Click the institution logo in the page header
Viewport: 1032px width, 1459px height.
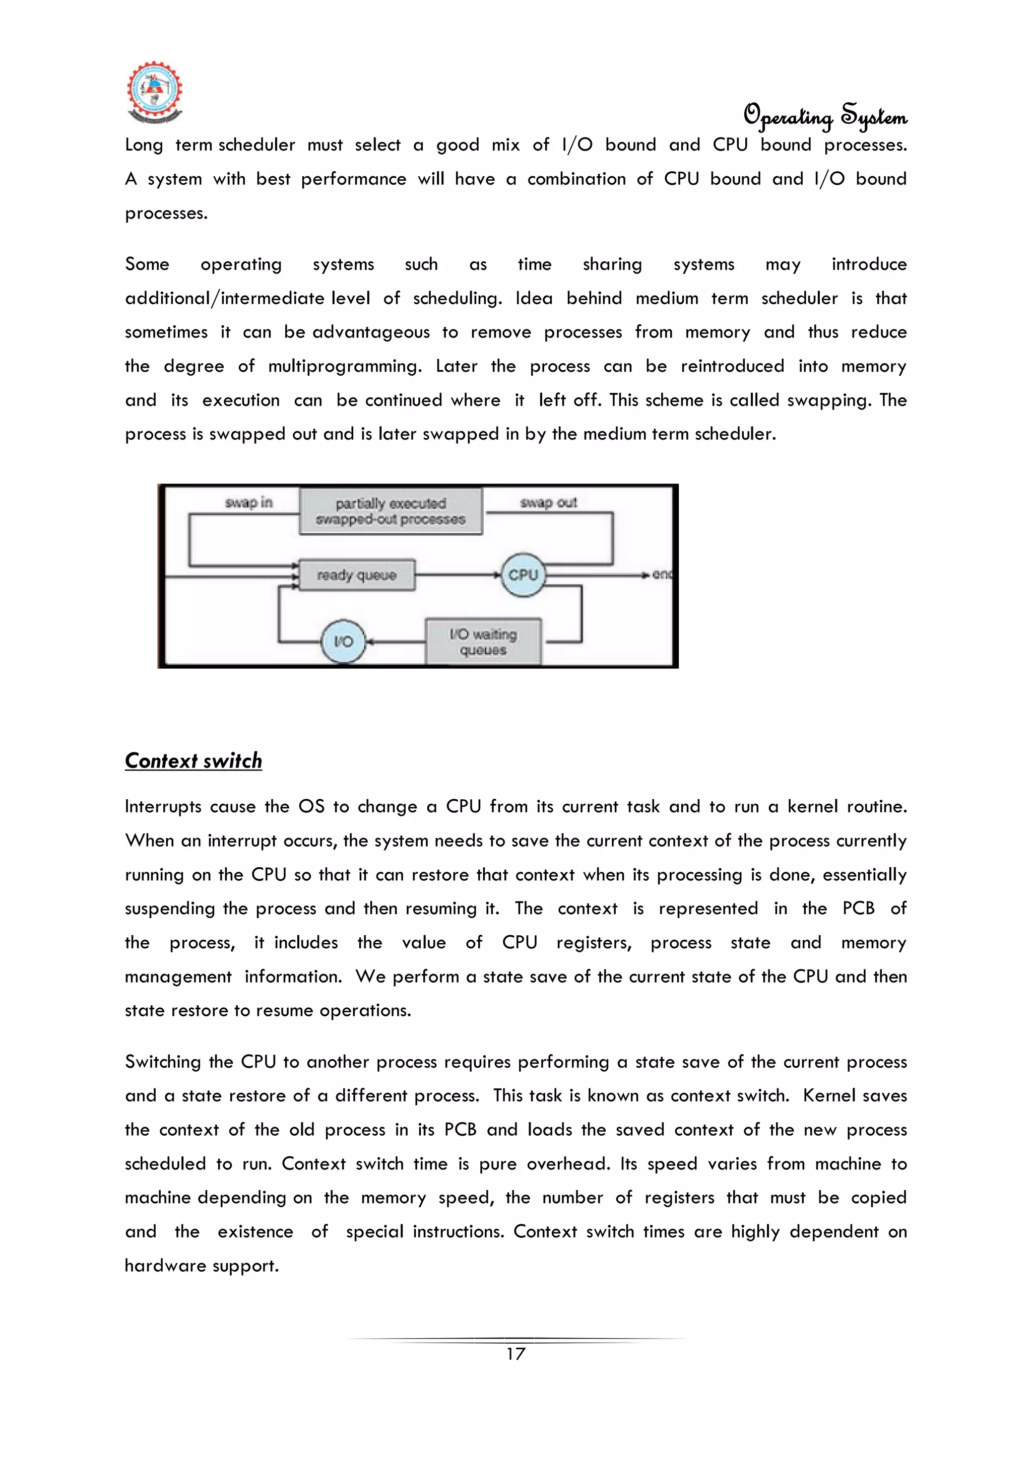click(155, 93)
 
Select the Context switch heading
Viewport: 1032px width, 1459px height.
click(193, 760)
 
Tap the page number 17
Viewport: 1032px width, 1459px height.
click(515, 1354)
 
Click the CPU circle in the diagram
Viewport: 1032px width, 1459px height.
click(523, 575)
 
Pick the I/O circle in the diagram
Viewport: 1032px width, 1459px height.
click(343, 641)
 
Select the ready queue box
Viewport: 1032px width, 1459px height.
click(357, 575)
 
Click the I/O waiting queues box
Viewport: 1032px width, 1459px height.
click(483, 641)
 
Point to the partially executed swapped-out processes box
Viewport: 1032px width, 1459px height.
click(391, 511)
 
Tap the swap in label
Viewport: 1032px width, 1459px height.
click(248, 503)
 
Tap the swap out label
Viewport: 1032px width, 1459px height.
click(548, 503)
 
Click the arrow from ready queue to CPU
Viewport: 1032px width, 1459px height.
click(458, 575)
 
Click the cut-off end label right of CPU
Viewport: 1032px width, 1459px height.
click(662, 575)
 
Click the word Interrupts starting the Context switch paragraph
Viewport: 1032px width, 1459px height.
click(163, 807)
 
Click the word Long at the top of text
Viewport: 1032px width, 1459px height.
click(144, 146)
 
